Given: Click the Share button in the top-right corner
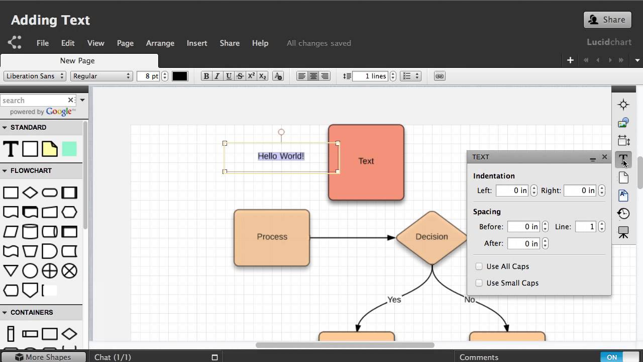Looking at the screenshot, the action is pos(607,20).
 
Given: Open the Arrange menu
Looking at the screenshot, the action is pos(160,43).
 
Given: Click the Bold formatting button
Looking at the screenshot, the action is pos(206,76).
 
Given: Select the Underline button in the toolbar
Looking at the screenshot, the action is pos(229,76).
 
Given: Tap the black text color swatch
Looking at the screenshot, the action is pos(180,76).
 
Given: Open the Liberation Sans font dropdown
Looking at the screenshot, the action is pos(35,76).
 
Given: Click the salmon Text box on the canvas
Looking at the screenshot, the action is pos(366,162).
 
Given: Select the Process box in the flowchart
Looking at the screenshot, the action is pos(272,238).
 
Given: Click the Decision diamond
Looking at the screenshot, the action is pos(432,238).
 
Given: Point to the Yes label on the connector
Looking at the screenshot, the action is pos(394,300).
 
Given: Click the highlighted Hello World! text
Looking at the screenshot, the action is pos(281,156).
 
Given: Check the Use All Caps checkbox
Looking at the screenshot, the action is pos(479,266).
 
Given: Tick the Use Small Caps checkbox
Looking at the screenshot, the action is pos(479,283).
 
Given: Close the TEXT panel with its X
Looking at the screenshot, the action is pos(604,157).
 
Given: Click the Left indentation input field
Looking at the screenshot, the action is pos(512,191).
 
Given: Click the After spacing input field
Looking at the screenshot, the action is pos(523,244).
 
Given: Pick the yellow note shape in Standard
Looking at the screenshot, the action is pos(50,149).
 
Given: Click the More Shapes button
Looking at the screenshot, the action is pos(43,357).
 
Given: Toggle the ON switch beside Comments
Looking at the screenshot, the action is pos(619,357).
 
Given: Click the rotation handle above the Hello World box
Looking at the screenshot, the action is pos(281,132).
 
